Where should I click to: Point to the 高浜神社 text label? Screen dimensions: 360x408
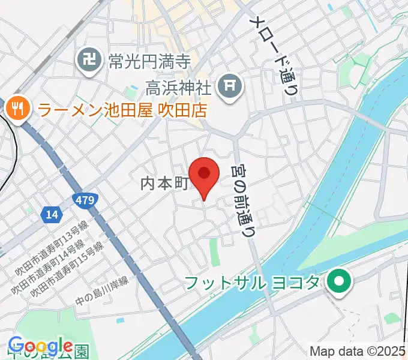pyautogui.click(x=179, y=89)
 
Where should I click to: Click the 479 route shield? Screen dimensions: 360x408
pyautogui.click(x=84, y=200)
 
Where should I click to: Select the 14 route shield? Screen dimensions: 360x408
pyautogui.click(x=52, y=214)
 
